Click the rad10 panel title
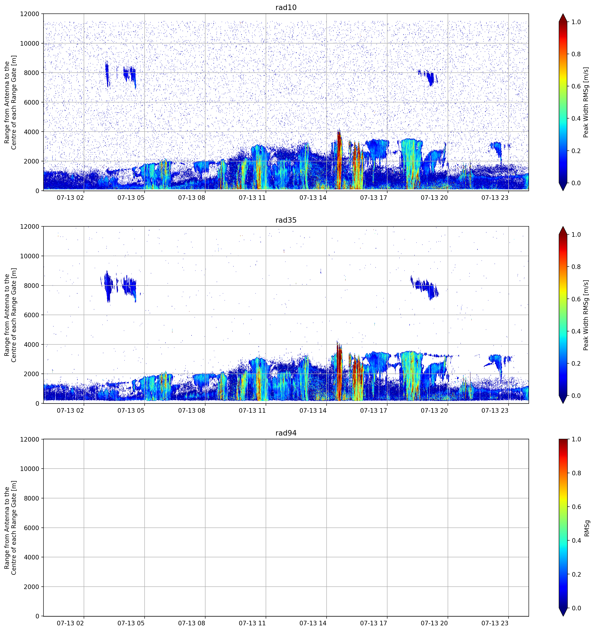(286, 7)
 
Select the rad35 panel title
(286, 220)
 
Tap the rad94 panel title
(286, 433)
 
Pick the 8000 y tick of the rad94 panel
(32, 498)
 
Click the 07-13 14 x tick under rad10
(313, 198)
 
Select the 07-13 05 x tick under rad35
(131, 410)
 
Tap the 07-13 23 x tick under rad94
(495, 623)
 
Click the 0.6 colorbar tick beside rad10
(576, 86)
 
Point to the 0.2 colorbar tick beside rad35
(576, 363)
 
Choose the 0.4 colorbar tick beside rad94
(576, 541)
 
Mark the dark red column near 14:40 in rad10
(339, 160)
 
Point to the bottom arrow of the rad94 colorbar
(563, 612)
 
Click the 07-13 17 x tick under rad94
(374, 623)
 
